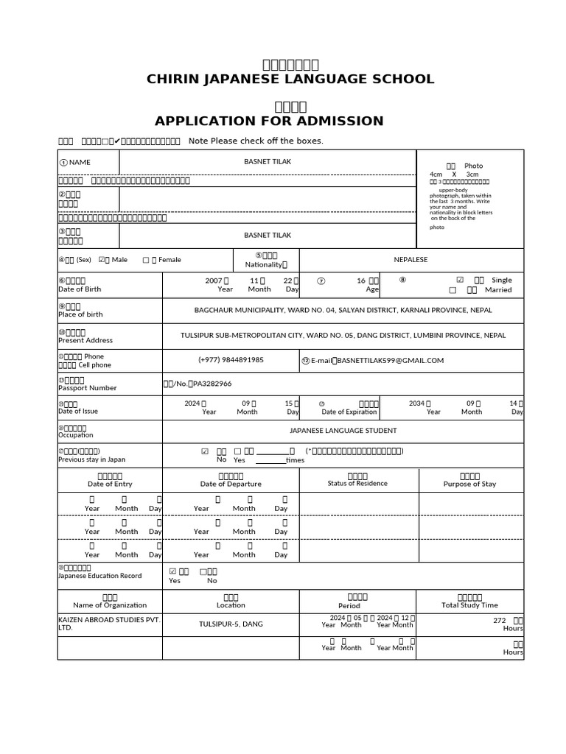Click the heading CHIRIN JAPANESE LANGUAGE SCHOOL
pos(290,80)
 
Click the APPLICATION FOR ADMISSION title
pos(269,121)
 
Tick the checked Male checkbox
pos(102,260)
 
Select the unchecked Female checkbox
pos(145,260)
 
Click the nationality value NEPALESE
pos(410,260)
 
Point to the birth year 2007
pos(213,281)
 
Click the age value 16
pos(361,281)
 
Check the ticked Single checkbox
pos(460,280)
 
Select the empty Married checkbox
pos(453,290)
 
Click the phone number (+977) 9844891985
pos(231,360)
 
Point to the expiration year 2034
pos(416,403)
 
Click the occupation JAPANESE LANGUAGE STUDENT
pos(343,431)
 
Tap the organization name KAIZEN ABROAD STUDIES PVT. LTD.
pos(108,624)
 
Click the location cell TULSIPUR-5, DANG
pos(231,624)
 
